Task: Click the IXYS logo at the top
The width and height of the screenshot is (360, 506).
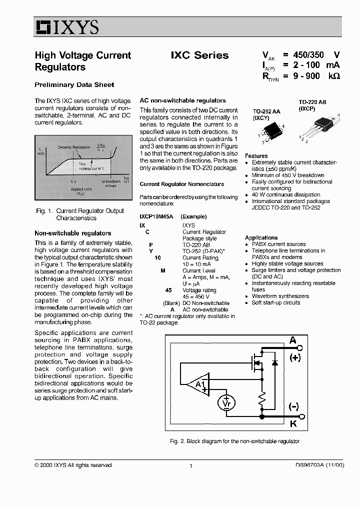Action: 67,28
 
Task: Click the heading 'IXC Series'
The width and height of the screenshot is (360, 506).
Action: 199,55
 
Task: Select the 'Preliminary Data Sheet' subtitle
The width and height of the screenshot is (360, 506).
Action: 74,84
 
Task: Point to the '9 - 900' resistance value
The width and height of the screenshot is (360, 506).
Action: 306,76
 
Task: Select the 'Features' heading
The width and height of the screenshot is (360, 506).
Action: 256,156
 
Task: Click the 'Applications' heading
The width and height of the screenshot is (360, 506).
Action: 261,237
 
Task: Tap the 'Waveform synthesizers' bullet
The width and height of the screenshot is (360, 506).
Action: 280,296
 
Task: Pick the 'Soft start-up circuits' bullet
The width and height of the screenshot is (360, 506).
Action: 276,302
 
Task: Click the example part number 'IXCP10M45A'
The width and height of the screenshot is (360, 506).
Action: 156,216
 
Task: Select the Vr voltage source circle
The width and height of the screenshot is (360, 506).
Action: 226,402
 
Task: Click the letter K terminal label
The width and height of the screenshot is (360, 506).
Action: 293,423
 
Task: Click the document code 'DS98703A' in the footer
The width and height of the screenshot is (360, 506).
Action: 305,465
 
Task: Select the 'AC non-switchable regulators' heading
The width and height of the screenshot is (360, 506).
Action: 182,100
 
